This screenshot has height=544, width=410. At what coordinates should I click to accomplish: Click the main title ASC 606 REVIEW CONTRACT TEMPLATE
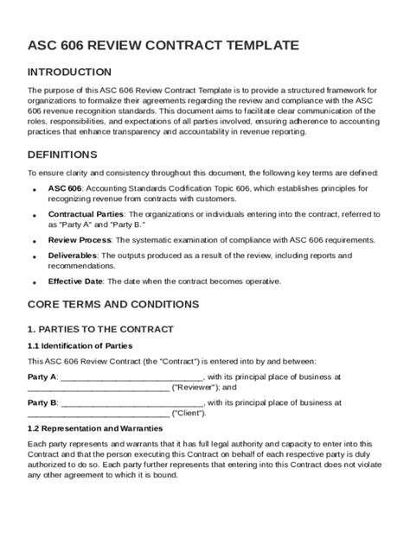click(164, 45)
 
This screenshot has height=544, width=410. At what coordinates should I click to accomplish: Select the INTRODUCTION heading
click(69, 72)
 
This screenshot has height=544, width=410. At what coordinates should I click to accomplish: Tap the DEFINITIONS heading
click(62, 155)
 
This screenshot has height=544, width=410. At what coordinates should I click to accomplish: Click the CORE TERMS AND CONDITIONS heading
click(113, 304)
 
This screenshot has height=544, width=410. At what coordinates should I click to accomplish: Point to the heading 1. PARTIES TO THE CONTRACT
click(100, 329)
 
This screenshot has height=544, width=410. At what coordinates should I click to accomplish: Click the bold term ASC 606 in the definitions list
click(65, 187)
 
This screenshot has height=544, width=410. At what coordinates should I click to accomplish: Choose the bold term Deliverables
click(74, 256)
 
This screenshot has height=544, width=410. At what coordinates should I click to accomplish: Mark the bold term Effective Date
click(75, 281)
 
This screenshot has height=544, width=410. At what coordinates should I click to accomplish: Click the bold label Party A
click(42, 376)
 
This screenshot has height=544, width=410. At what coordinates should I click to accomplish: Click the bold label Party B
click(42, 402)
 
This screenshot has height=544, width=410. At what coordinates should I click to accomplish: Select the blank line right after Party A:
click(132, 378)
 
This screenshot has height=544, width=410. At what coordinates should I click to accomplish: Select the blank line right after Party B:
click(132, 404)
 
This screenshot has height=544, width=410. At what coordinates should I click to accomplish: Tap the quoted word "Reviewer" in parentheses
click(197, 388)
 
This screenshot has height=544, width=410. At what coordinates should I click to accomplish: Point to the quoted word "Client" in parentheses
click(191, 414)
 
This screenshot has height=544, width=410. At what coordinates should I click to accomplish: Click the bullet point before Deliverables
click(34, 257)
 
